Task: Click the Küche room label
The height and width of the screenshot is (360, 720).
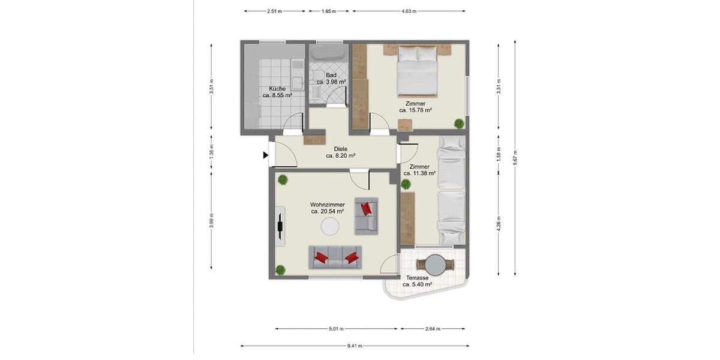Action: point(277,92)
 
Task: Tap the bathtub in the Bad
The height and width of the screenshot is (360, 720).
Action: point(327,53)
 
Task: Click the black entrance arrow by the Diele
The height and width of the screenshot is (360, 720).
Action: point(265,155)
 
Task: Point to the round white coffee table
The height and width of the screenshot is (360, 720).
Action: point(329,226)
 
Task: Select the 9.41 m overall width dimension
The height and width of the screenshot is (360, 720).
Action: point(354,346)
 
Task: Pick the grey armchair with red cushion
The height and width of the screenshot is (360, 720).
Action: point(365,215)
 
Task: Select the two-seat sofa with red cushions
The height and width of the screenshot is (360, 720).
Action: point(336,257)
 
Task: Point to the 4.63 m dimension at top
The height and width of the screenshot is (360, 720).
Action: point(410,11)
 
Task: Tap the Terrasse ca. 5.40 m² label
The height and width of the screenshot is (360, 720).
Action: point(416,281)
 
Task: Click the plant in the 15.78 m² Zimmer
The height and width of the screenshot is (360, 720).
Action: point(459,124)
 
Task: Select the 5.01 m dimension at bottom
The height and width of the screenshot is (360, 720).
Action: point(337,329)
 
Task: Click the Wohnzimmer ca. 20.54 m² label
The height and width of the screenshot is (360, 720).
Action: point(327,208)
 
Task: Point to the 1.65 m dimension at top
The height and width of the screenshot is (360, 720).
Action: point(328,11)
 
